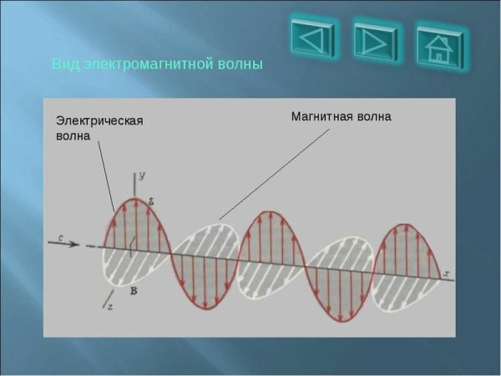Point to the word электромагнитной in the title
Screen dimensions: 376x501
point(149,64)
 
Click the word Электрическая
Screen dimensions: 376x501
point(99,120)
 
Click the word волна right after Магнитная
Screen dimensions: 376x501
point(373,116)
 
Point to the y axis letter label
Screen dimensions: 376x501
point(143,175)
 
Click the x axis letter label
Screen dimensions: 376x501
point(448,273)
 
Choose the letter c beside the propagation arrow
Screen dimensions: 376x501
point(61,238)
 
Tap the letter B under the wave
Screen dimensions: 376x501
point(133,290)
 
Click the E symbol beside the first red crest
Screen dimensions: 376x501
point(150,201)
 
